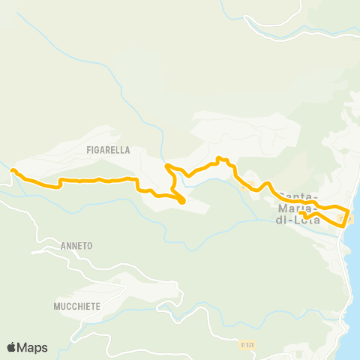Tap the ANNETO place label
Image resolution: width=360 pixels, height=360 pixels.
[76, 245]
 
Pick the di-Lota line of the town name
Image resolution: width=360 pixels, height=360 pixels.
[298, 220]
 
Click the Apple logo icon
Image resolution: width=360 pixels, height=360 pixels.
[12, 347]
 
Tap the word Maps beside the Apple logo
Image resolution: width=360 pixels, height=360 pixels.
[33, 347]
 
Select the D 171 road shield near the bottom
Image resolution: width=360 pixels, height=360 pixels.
[248, 344]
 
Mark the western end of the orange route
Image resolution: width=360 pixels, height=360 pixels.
[13, 172]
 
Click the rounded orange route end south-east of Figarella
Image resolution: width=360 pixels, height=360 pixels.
[182, 200]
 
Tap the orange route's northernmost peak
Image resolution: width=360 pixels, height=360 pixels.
[218, 158]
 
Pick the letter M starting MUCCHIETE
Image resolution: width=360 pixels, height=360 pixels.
[57, 306]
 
